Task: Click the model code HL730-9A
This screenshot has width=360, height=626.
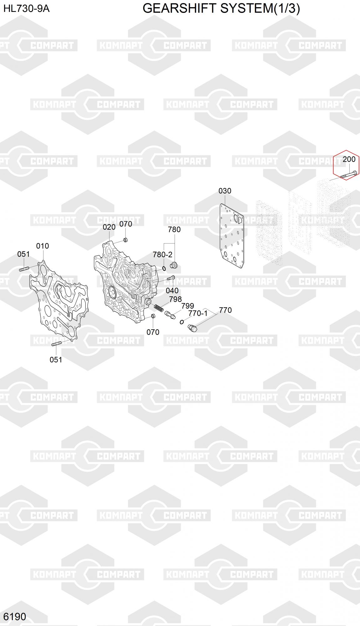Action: coord(26,9)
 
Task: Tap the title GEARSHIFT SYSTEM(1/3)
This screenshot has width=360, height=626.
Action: coord(221,8)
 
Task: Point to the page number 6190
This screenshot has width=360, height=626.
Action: coord(15,616)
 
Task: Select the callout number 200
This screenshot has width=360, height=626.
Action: coord(349,159)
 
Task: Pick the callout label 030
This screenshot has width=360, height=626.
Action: coord(225,191)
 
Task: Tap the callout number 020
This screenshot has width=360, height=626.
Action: coord(109,227)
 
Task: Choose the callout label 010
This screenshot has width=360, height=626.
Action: coord(43,246)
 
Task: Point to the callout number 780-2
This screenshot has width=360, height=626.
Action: coord(162,255)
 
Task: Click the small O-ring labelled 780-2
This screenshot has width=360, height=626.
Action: coord(164,268)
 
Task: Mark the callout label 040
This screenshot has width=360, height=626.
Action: coord(172,290)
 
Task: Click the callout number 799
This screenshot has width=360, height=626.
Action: coord(188,306)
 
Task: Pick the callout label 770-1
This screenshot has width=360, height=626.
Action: coord(198,313)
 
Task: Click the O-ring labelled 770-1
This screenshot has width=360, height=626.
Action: coord(182,322)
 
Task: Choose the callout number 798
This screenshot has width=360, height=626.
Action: coord(175,299)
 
